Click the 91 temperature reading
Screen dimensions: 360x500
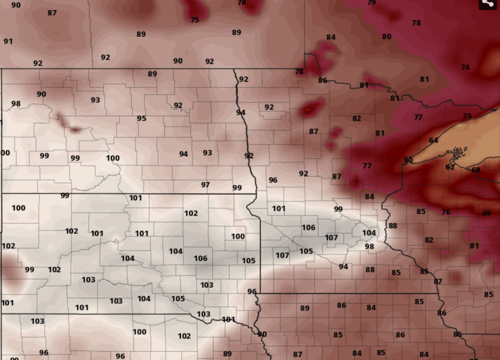[8, 41]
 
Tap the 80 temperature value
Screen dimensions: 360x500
[387, 37]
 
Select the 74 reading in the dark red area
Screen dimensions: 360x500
[465, 67]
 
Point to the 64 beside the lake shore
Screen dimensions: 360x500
[433, 140]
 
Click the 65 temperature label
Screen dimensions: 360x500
[408, 160]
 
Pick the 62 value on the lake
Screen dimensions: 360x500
[450, 167]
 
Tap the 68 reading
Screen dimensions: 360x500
[475, 170]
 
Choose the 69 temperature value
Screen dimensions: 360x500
[486, 213]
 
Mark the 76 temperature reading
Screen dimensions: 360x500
[446, 212]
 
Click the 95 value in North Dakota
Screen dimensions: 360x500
[142, 118]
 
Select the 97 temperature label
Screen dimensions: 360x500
[205, 185]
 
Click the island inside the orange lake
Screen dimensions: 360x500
[457, 152]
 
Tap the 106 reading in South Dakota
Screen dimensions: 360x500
[200, 258]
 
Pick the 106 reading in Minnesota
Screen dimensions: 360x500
[308, 227]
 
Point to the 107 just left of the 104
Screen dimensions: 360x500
[331, 237]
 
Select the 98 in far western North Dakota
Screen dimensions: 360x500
[16, 104]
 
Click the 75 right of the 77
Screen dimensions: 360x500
[467, 116]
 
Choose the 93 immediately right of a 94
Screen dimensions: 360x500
[207, 153]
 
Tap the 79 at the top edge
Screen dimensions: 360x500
[372, 2]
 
